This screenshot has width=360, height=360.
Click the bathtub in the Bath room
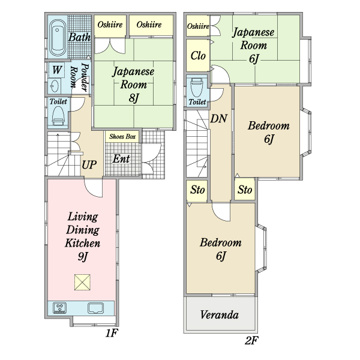(x=57, y=38)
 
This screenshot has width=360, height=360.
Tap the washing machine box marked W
(x=56, y=70)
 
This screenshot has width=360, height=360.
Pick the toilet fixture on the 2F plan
(x=197, y=88)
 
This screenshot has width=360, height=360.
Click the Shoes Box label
(x=122, y=137)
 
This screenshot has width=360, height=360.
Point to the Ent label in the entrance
(x=121, y=158)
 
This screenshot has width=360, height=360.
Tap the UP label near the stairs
(x=89, y=164)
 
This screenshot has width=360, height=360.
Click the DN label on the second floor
(x=219, y=118)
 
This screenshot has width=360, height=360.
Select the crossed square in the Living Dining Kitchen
(x=82, y=282)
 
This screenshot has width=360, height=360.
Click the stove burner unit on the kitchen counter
(x=60, y=308)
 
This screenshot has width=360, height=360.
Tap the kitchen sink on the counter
(x=95, y=308)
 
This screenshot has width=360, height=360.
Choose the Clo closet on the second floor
(x=197, y=55)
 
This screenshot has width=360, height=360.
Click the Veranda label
(x=220, y=315)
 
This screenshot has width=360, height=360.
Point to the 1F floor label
(x=112, y=333)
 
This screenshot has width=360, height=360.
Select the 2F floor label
(x=251, y=340)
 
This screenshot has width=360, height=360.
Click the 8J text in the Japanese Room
(x=134, y=98)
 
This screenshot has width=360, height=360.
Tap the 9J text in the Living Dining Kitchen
(x=83, y=256)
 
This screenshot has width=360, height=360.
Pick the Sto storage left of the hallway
(x=197, y=190)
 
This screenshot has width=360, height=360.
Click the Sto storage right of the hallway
(x=245, y=190)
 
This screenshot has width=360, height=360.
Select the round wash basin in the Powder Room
(x=55, y=86)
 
